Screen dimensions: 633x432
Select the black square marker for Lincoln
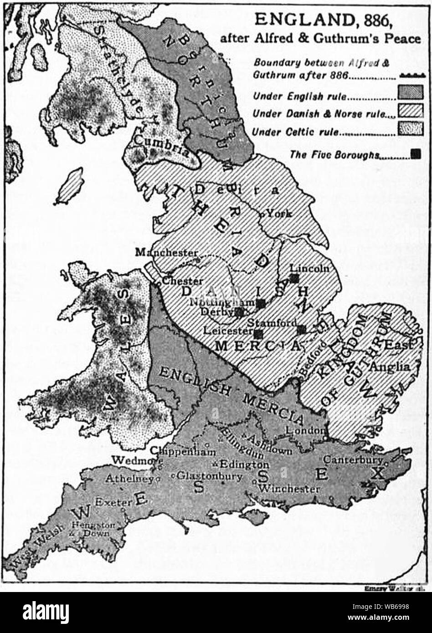coord(294,278)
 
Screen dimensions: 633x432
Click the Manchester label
coord(166,252)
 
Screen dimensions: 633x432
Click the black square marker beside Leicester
coord(258,333)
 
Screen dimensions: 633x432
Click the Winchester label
coord(288,489)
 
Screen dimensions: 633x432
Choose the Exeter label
coord(120,502)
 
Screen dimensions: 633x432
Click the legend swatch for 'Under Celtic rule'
coord(410,129)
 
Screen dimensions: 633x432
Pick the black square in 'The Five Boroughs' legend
coord(415,154)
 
